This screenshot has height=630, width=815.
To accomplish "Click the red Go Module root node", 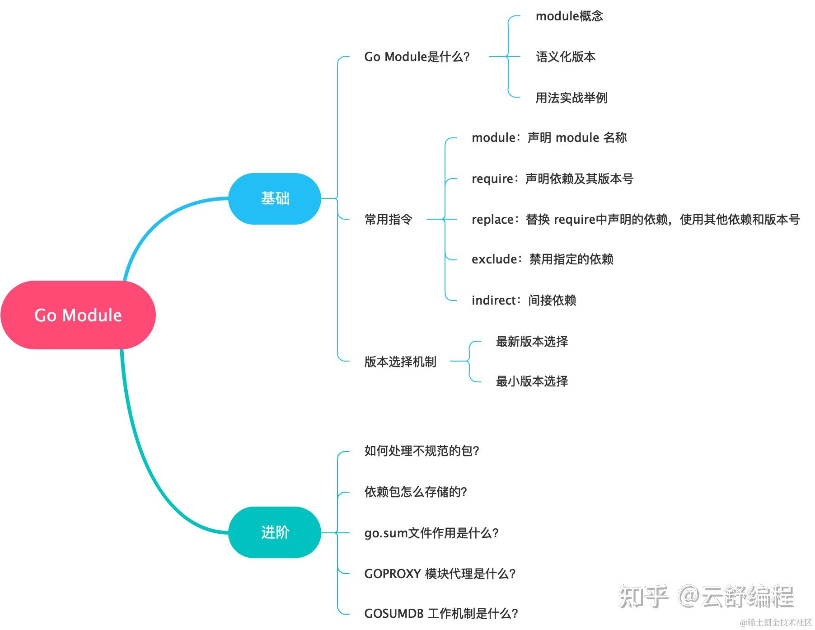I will coord(78,315).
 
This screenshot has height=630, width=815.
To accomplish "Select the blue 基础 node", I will coord(275,198).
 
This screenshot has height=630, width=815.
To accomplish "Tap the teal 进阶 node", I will coord(275,532).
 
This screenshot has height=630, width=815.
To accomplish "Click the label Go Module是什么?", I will coord(417,57).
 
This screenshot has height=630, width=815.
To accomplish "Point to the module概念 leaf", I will coord(569,16).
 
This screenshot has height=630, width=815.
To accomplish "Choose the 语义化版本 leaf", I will coord(566,57).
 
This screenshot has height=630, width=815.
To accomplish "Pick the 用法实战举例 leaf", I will coord(571,98).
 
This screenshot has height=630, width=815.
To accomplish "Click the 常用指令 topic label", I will coord(389,220).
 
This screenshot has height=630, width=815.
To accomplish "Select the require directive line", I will coord(553,179).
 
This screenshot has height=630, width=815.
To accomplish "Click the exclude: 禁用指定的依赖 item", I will coord(543,259).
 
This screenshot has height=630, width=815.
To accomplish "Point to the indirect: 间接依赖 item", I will coord(524,300).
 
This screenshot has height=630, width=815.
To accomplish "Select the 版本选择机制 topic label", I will coord(400,362).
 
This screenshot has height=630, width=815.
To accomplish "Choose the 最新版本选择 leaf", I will coord(532,342).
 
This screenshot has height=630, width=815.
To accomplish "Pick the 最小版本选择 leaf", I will coord(532,381).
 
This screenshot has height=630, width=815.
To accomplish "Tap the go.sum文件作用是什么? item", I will coord(431,533).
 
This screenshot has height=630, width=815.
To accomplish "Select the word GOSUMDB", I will coord(394,614).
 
